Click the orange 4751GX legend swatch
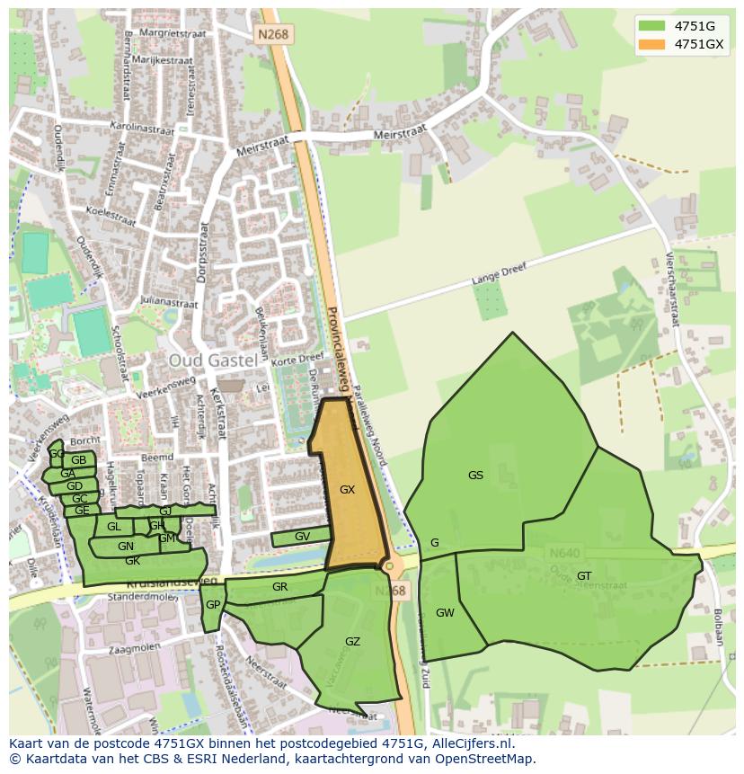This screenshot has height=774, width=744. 652,43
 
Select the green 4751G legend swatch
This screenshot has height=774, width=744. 652,25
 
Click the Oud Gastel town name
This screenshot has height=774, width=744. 212,360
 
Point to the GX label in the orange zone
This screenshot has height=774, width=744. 348,490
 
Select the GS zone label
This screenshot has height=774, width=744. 475,476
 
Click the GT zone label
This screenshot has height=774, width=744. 584,576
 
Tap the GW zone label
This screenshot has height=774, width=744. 445,613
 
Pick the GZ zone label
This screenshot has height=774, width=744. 352,641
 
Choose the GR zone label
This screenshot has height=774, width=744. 279,587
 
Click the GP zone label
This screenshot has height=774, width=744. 212,605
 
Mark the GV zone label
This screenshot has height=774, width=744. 302,537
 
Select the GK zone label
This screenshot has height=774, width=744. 132,561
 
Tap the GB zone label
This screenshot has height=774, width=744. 79,460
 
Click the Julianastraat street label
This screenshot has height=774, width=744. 168,303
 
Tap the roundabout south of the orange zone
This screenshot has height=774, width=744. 389,566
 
